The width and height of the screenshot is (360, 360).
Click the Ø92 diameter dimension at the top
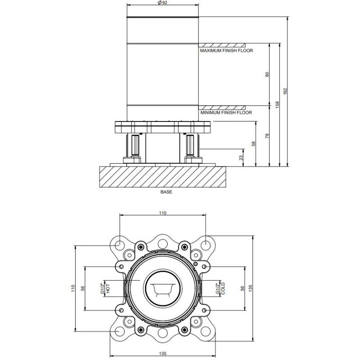coord(162,3)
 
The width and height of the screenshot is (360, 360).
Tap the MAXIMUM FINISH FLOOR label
coord(226,50)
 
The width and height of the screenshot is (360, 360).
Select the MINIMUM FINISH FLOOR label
coord(226,112)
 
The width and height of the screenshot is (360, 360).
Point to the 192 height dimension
coord(285,91)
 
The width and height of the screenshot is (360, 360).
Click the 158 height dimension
coord(277,105)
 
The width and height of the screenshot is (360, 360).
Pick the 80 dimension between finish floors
coord(267,74)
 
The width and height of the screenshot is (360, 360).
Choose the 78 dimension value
coord(267,136)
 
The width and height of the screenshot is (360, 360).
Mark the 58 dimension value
coord(253,144)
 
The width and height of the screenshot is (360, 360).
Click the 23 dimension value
coord(241,158)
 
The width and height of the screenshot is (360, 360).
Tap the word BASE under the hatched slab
coord(166,192)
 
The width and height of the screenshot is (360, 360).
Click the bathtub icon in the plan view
coord(163,288)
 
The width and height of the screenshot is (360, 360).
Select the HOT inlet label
coord(108,288)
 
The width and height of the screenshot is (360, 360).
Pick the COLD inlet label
coord(223,288)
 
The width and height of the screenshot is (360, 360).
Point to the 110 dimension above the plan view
coord(162,213)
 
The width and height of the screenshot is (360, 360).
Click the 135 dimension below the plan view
coord(162,354)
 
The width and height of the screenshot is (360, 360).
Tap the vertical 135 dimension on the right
coord(250,288)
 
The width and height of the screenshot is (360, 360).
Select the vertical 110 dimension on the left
coord(73,288)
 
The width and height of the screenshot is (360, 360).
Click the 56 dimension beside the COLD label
coord(243,288)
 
